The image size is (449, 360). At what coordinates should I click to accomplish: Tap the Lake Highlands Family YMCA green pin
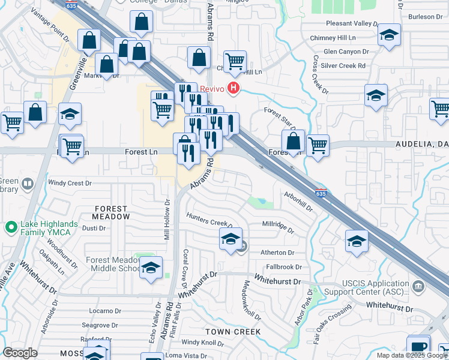pyautogui.click(x=10, y=227)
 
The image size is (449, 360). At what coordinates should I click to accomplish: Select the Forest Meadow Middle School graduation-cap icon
pyautogui.click(x=151, y=267)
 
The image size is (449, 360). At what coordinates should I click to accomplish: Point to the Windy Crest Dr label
pyautogui.click(x=70, y=183)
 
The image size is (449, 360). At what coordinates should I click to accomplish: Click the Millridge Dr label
pyautogui.click(x=278, y=227)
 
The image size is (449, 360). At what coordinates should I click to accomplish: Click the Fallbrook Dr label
pyautogui.click(x=284, y=266)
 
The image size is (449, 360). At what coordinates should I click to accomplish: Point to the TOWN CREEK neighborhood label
pyautogui.click(x=233, y=332)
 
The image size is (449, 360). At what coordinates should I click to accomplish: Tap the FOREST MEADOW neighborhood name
pyautogui.click(x=111, y=212)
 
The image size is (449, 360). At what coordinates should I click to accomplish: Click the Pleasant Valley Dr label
pyautogui.click(x=352, y=23)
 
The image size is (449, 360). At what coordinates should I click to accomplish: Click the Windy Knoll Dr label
pyautogui.click(x=202, y=343)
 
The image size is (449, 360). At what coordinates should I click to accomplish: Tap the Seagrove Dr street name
pyautogui.click(x=98, y=325)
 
